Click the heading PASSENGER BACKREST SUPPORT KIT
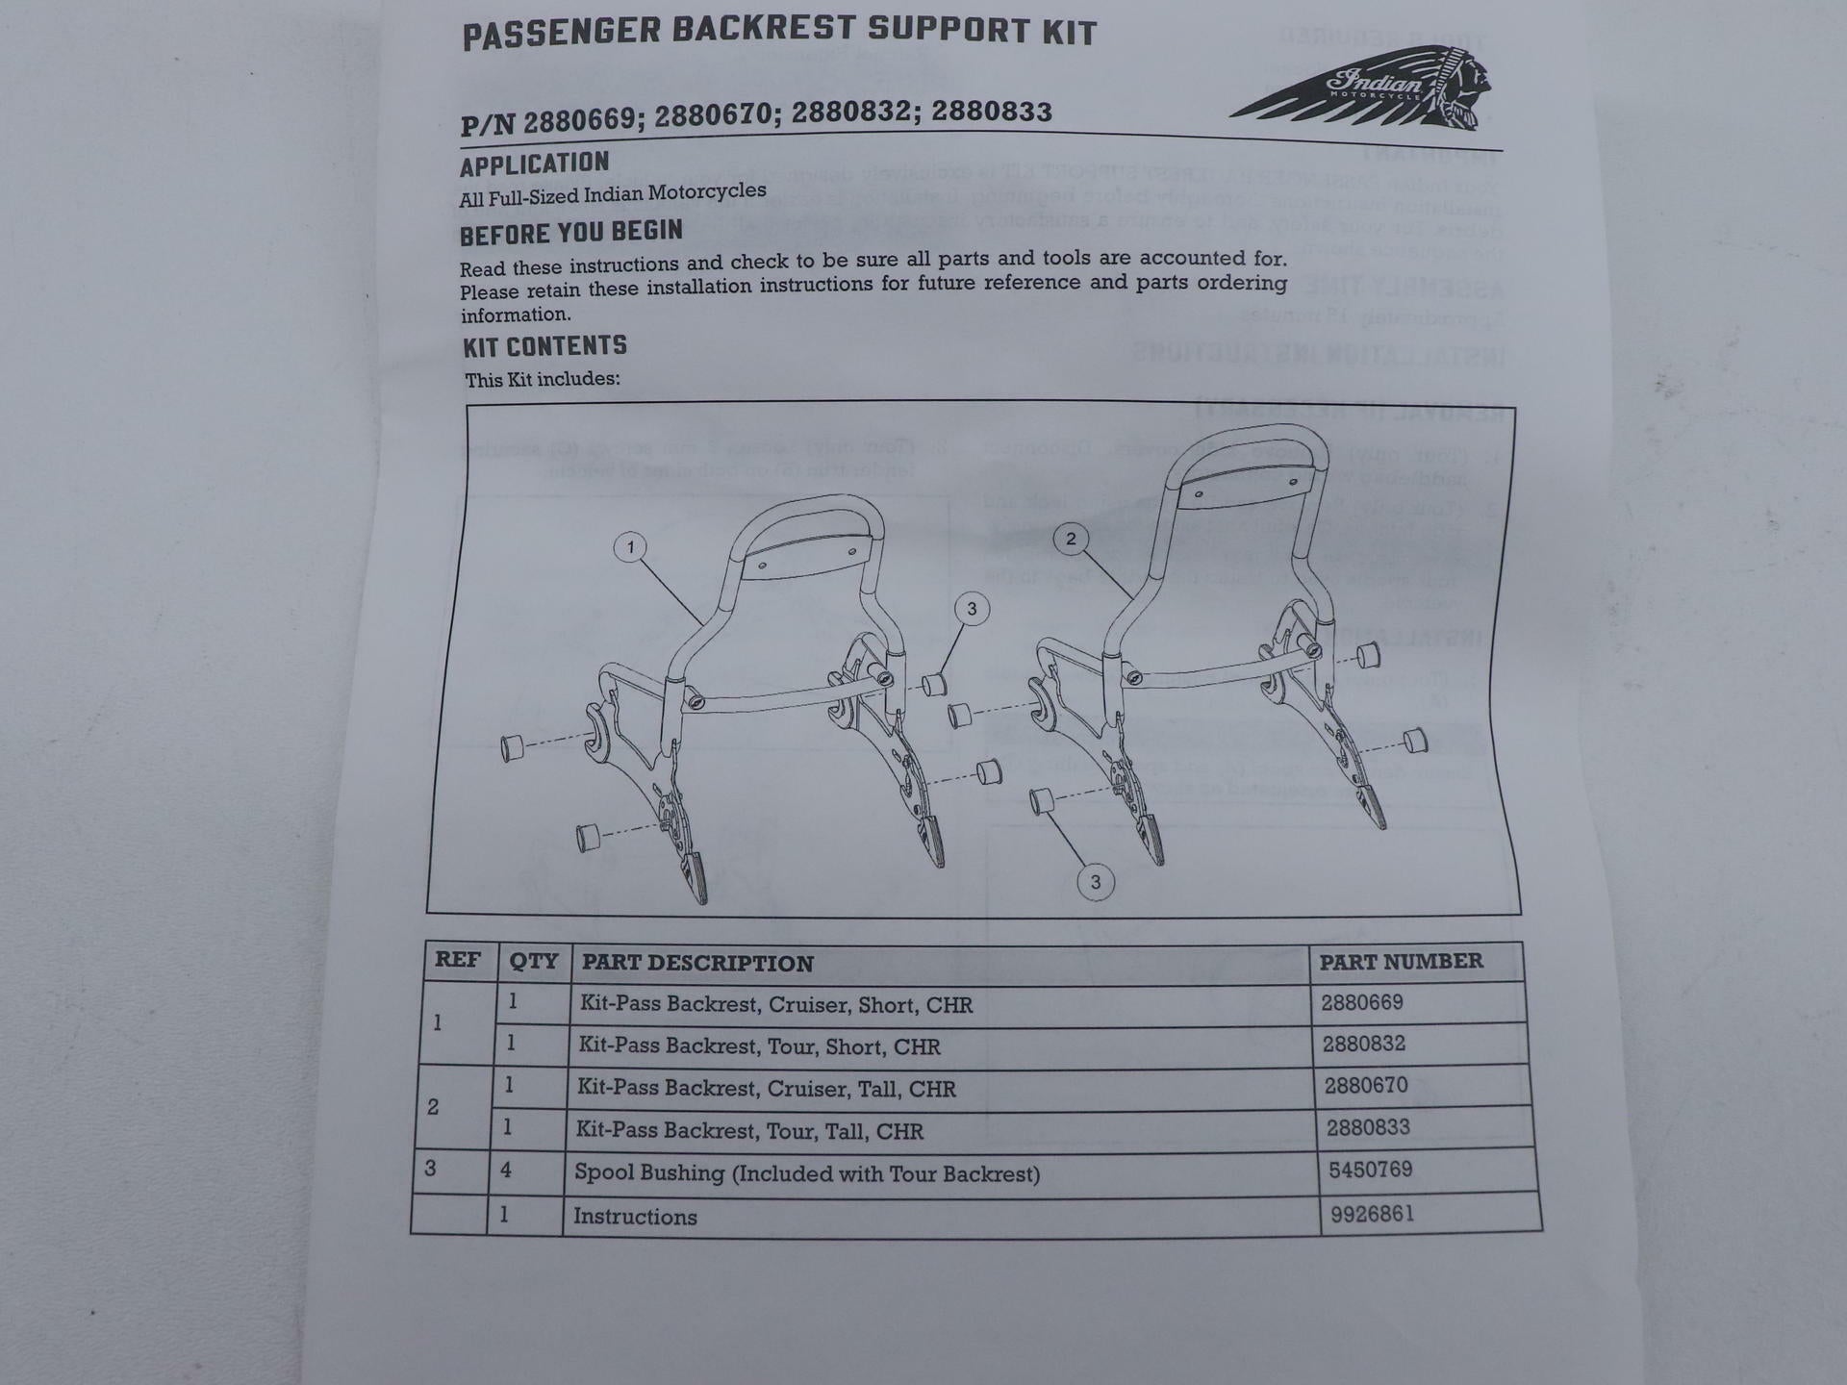779,32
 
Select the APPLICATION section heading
534,164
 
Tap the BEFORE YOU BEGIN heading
570,233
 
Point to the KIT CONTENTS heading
544,346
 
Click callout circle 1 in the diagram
630,548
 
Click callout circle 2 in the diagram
1071,539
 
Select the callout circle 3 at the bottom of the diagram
1095,882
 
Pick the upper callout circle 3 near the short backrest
972,609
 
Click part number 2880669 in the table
1361,1002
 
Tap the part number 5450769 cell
1370,1170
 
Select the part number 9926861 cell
1372,1214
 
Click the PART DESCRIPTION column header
697,963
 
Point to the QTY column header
533,961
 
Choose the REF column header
458,960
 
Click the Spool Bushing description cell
806,1173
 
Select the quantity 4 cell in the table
505,1171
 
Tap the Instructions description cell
635,1217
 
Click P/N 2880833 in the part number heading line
991,113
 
